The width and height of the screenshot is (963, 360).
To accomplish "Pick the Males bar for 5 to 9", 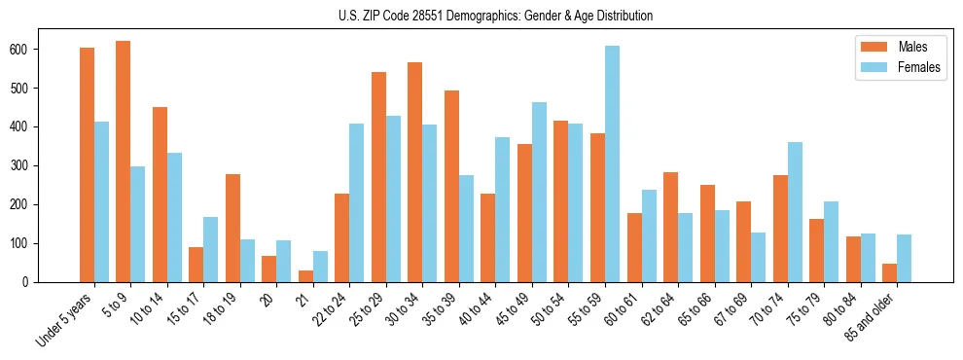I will (124, 162).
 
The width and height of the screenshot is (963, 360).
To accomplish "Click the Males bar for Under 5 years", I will (87, 164).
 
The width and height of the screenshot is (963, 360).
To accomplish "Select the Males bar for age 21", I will (305, 276).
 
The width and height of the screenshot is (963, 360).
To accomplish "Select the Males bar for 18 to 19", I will (232, 228).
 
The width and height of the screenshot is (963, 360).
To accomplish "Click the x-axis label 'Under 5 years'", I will (66, 318).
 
